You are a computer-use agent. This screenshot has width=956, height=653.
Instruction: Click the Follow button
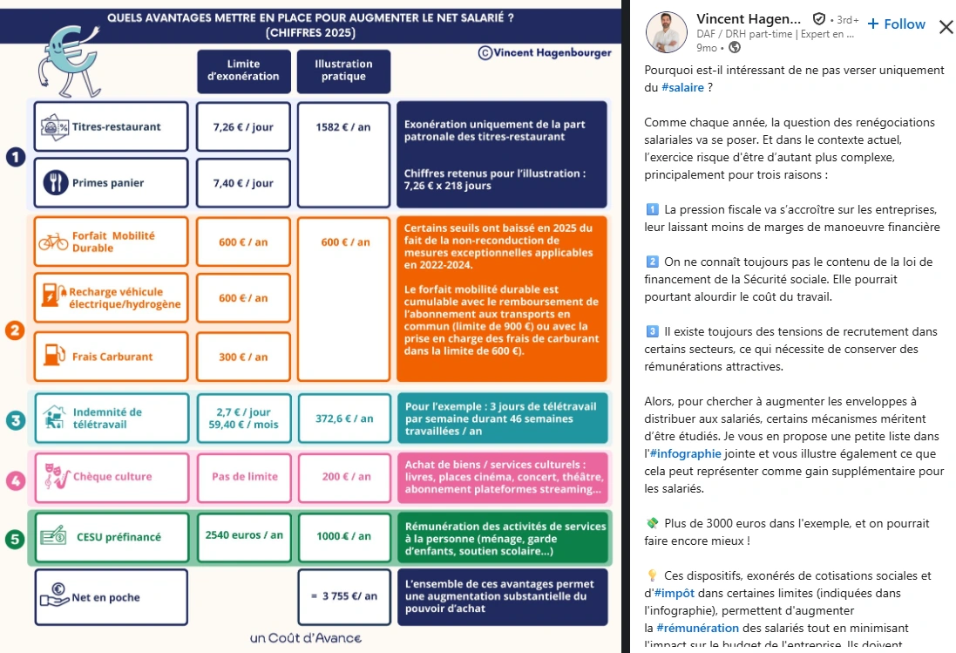pyautogui.click(x=897, y=24)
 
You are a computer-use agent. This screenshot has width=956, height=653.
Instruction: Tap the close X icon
pyautogui.click(x=946, y=26)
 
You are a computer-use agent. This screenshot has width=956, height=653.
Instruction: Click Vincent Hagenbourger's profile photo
pyautogui.click(x=667, y=32)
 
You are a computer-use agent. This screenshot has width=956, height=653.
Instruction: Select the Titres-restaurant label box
pyautogui.click(x=112, y=126)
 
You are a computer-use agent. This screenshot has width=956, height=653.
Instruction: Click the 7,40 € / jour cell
pyautogui.click(x=243, y=183)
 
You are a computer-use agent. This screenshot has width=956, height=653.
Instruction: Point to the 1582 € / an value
pyautogui.click(x=343, y=126)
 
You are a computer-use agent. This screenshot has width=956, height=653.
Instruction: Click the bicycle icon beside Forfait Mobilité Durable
pyautogui.click(x=52, y=241)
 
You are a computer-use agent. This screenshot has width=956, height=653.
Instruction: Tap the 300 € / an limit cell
pyautogui.click(x=243, y=357)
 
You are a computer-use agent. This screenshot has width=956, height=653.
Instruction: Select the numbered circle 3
pyautogui.click(x=14, y=420)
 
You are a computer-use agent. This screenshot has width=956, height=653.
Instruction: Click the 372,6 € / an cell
pyautogui.click(x=343, y=418)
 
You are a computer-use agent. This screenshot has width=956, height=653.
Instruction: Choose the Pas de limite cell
pyautogui.click(x=244, y=477)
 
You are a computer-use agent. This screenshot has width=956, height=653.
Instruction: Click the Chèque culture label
pyautogui.click(x=112, y=477)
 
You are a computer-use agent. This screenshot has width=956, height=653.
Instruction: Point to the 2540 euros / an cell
pyautogui.click(x=244, y=534)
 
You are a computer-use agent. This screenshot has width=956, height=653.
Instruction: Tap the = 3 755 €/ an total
pyautogui.click(x=343, y=596)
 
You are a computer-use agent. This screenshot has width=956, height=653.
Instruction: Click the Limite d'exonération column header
pyautogui.click(x=243, y=70)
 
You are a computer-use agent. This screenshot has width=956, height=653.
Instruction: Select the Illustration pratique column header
pyautogui.click(x=343, y=70)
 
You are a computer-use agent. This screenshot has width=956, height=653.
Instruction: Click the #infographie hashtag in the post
pyautogui.click(x=686, y=453)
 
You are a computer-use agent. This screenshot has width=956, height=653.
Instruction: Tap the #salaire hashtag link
pyautogui.click(x=682, y=87)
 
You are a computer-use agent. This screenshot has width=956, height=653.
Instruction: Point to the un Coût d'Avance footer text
pyautogui.click(x=304, y=637)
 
